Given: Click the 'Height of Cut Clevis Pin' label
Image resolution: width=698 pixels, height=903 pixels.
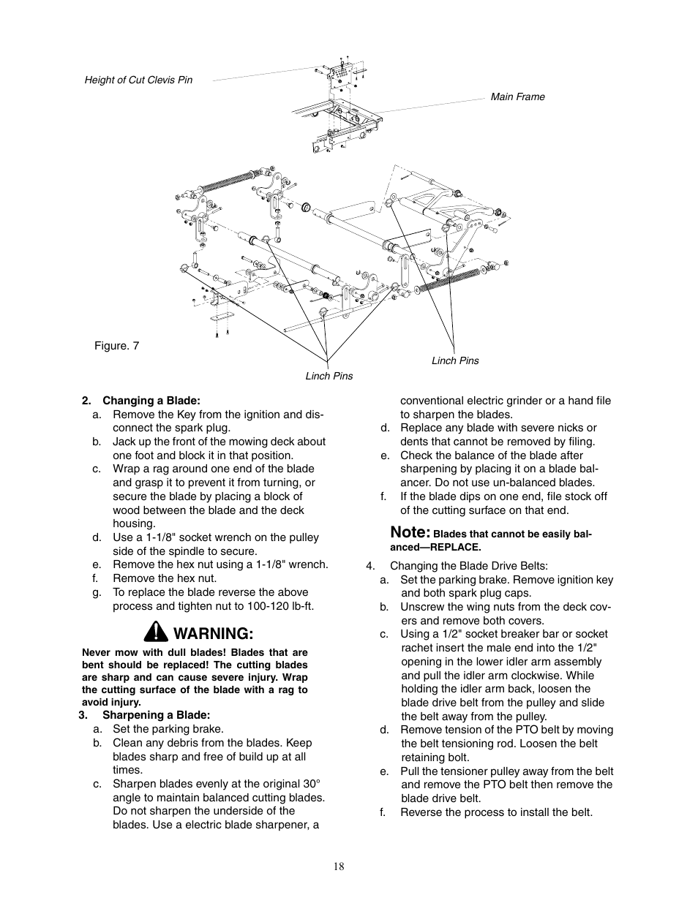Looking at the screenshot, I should (138, 80).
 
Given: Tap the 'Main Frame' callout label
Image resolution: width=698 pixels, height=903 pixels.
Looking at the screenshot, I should (517, 97).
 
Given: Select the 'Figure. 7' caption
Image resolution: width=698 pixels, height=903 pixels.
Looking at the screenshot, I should (116, 345).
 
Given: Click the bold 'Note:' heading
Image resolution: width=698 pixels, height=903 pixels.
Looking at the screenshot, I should (410, 532).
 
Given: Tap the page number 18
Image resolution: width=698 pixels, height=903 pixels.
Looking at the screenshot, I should (338, 866).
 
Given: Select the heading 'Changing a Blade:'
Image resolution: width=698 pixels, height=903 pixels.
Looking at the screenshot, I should (151, 400).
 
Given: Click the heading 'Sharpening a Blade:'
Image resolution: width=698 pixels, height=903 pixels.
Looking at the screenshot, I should (156, 714).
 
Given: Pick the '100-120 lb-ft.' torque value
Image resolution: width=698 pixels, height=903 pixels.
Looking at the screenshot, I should (277, 606).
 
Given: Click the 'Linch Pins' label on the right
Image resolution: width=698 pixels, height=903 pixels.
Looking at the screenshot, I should (455, 360).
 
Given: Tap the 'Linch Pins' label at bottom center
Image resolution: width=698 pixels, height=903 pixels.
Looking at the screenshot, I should (329, 376).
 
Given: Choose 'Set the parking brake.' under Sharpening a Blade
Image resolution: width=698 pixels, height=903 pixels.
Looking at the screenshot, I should (168, 728).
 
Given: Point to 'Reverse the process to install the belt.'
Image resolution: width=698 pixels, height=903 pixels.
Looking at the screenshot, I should (496, 812).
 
